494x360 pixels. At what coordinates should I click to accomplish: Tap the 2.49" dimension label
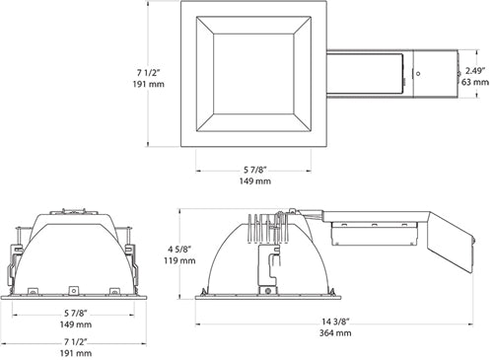coord(475,70)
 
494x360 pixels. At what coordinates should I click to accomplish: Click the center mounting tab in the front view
coord(74,290)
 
